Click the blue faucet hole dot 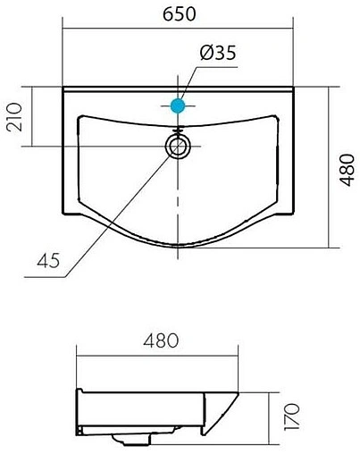178,106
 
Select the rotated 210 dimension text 13,116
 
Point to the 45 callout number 51,261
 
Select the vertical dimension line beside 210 33,116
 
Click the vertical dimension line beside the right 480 334,167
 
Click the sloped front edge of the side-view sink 228,416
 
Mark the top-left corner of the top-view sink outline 63,88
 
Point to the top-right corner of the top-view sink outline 294,88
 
